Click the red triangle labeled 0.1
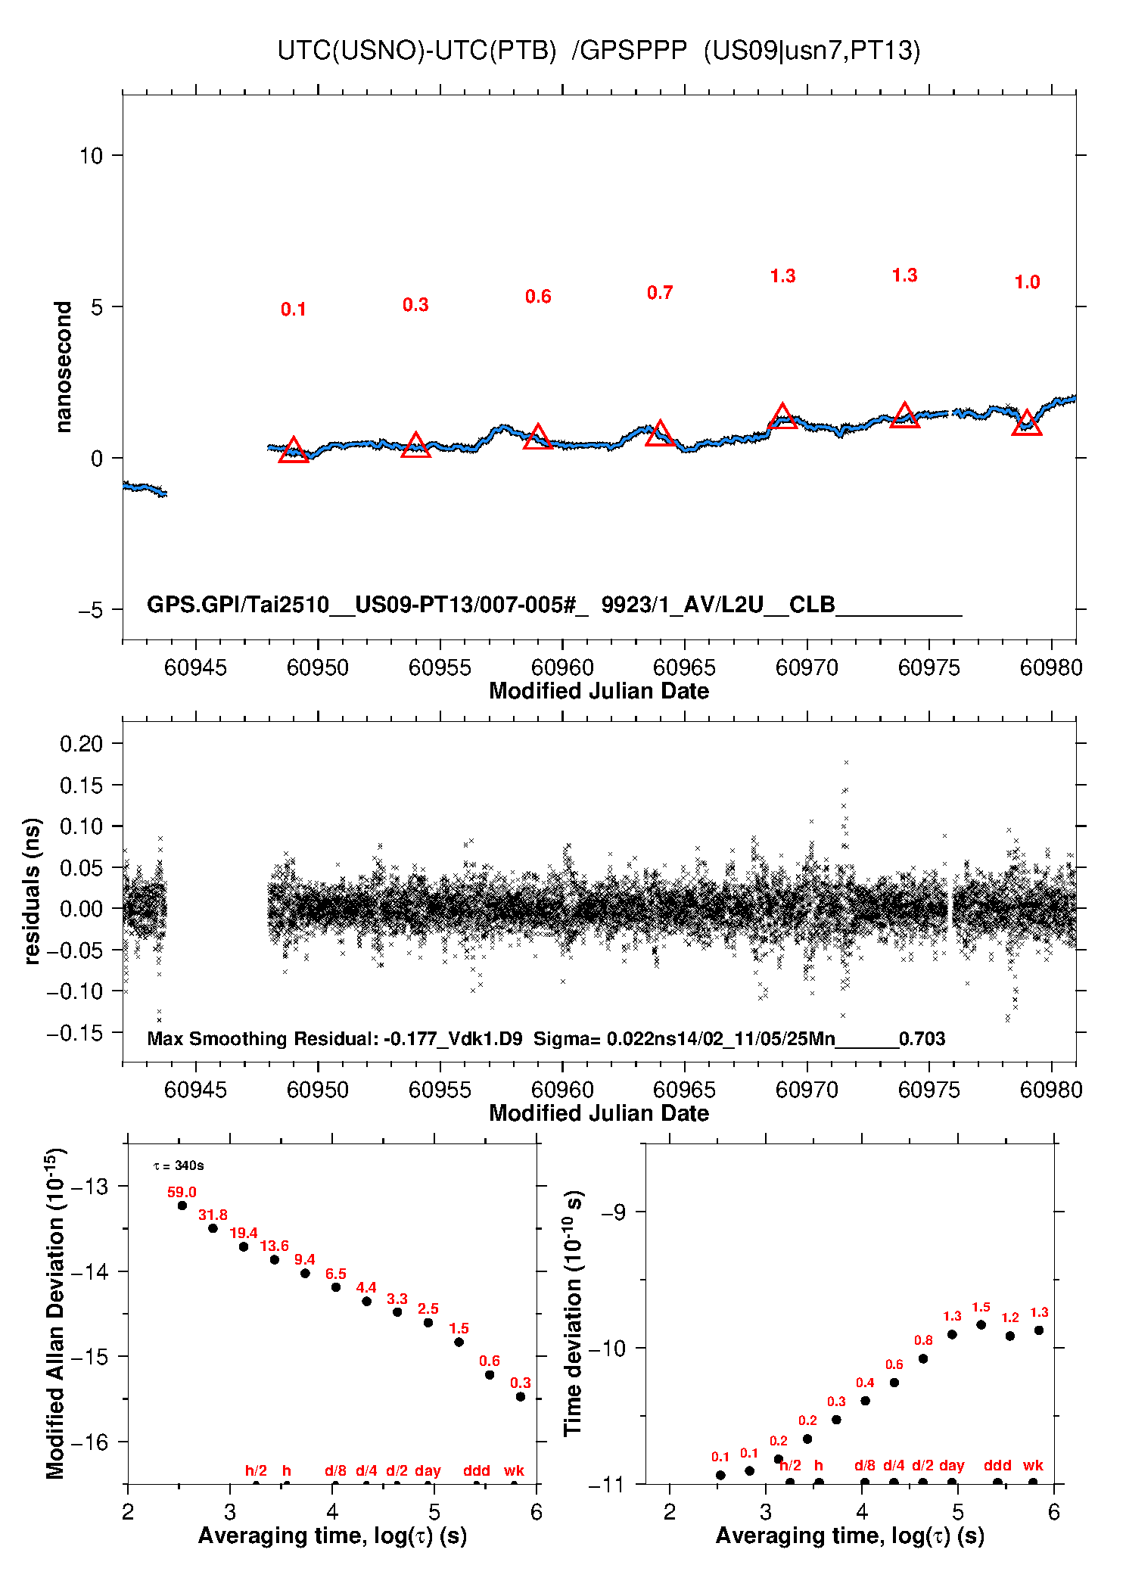(x=294, y=451)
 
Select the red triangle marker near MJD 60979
(x=1027, y=424)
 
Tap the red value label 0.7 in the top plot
(x=660, y=293)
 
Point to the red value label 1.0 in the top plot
(x=1027, y=282)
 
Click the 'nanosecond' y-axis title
(x=63, y=367)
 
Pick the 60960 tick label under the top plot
(x=562, y=667)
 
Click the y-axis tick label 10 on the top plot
(x=91, y=156)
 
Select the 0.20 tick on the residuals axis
(x=81, y=744)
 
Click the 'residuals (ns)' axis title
(x=32, y=891)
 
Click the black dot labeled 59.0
(x=182, y=1206)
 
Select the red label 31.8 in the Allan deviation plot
(x=213, y=1215)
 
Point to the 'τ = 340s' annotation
(x=179, y=1165)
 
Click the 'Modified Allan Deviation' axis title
(x=55, y=1313)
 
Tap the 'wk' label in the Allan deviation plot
(x=514, y=1470)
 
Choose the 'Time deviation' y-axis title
(x=574, y=1313)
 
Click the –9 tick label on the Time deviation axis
(x=613, y=1212)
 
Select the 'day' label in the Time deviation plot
(x=952, y=1465)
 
